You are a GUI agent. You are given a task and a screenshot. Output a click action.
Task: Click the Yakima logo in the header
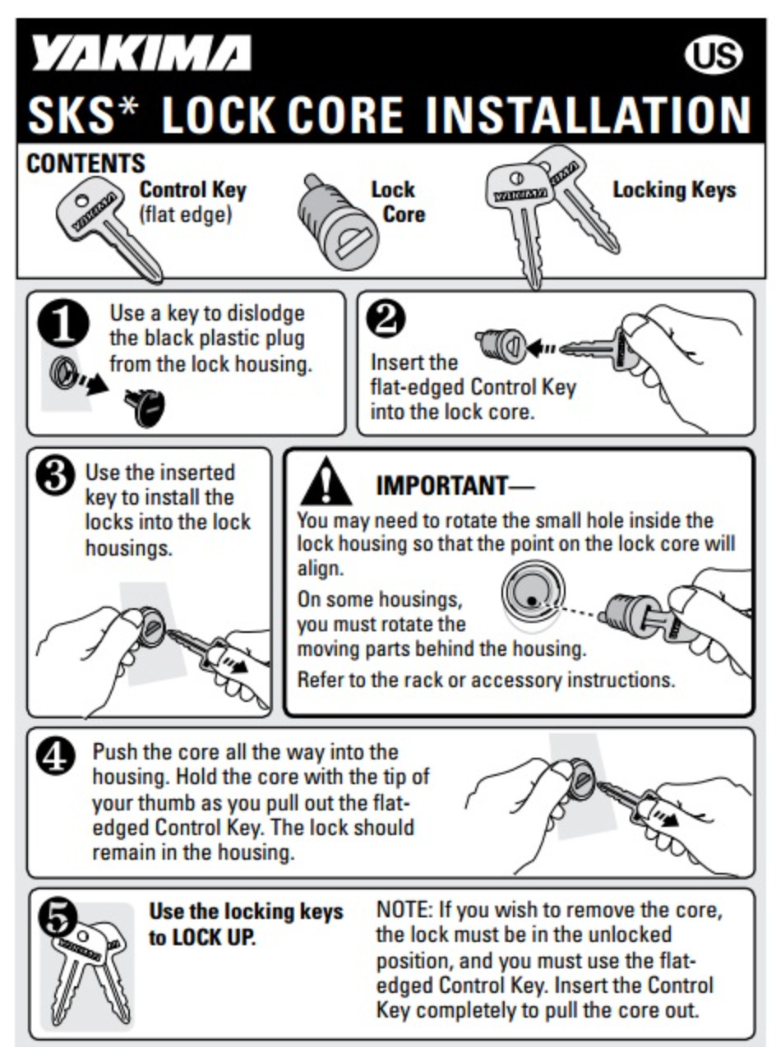click(x=141, y=53)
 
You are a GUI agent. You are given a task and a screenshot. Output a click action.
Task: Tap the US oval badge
click(x=714, y=55)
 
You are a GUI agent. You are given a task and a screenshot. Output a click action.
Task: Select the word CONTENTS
click(x=85, y=164)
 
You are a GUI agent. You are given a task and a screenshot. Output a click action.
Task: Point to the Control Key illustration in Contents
click(x=109, y=230)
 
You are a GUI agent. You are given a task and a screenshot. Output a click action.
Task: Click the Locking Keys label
click(x=673, y=190)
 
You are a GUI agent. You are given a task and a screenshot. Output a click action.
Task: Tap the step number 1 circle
click(x=64, y=324)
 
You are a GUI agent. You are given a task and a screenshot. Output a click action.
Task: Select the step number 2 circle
click(x=386, y=320)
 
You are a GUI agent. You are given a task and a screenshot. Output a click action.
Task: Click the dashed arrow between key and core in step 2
click(x=542, y=348)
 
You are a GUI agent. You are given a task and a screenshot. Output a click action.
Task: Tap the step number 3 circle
click(x=56, y=477)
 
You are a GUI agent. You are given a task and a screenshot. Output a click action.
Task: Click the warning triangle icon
click(x=326, y=482)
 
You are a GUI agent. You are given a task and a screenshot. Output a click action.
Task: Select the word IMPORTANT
click(x=441, y=485)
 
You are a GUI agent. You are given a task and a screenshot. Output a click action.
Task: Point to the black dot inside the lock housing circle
click(x=532, y=601)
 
